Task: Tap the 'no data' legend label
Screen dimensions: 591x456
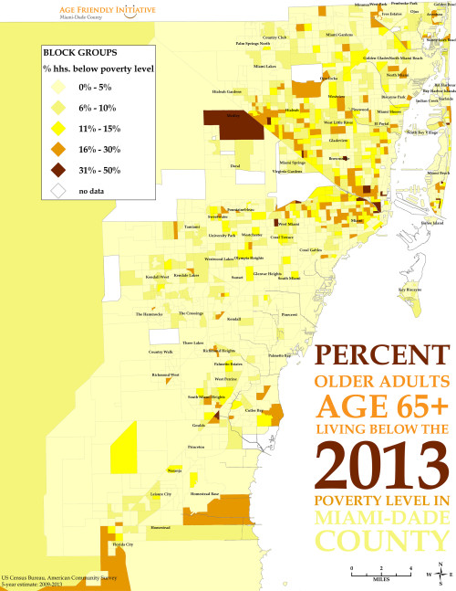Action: click(91, 190)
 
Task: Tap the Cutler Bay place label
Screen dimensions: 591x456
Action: click(254, 411)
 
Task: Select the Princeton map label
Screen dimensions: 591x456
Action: click(195, 448)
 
